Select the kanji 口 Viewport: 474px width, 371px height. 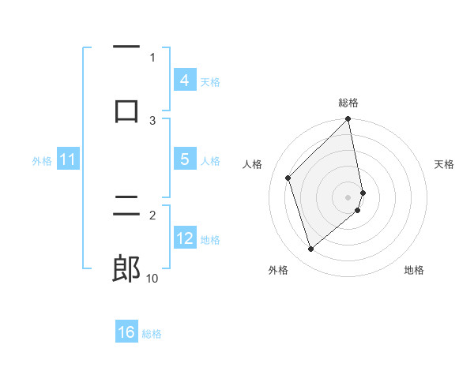click(x=126, y=109)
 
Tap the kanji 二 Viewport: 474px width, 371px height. click(x=126, y=207)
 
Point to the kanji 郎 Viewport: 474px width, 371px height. click(x=126, y=269)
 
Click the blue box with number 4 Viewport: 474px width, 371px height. click(x=184, y=81)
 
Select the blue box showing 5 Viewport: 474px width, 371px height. click(x=184, y=159)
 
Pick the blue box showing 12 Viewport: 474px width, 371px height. click(x=184, y=238)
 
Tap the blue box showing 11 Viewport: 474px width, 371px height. click(x=68, y=159)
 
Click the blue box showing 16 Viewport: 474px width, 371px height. click(x=126, y=332)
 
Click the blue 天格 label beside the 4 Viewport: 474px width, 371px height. click(x=210, y=81)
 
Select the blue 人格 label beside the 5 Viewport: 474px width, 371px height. click(x=210, y=160)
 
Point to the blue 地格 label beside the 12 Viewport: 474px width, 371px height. click(x=210, y=239)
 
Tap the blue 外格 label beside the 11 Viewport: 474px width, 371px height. click(x=42, y=160)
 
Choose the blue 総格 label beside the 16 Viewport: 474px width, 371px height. click(x=152, y=333)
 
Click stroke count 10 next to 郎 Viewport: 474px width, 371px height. click(x=152, y=278)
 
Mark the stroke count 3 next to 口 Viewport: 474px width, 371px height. click(x=153, y=120)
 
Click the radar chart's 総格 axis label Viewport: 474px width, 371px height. click(x=348, y=103)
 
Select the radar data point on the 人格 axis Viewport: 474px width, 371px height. click(x=288, y=178)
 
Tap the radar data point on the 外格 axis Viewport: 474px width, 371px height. click(x=310, y=249)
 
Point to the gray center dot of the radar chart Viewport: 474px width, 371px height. click(x=348, y=197)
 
